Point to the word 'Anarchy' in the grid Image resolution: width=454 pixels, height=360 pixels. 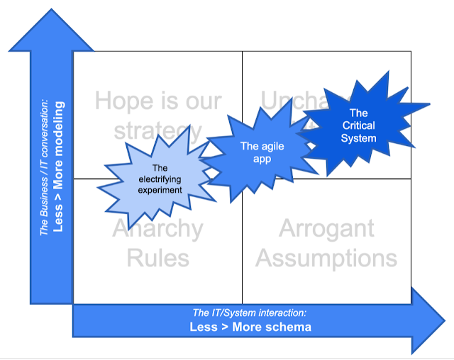pyautogui.click(x=157, y=230)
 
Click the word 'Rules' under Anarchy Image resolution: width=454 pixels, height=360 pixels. pyautogui.click(x=157, y=257)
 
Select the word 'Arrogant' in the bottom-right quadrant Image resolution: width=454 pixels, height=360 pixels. pyautogui.click(x=327, y=229)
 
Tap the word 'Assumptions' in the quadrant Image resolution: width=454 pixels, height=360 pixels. pyautogui.click(x=326, y=257)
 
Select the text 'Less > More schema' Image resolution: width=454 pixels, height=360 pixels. pyautogui.click(x=250, y=327)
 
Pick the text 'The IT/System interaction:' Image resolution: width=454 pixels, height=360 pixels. pyautogui.click(x=250, y=313)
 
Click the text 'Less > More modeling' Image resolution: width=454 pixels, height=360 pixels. pyautogui.click(x=59, y=167)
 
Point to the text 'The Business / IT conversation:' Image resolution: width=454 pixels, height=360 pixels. pyautogui.click(x=45, y=167)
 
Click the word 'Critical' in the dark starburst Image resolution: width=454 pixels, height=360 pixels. pyautogui.click(x=359, y=125)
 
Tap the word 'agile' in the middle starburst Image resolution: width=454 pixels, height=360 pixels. pyautogui.click(x=257, y=146)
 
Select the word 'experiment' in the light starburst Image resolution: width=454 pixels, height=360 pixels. pyautogui.click(x=160, y=190)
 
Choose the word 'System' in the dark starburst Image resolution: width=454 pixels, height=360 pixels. pyautogui.click(x=359, y=137)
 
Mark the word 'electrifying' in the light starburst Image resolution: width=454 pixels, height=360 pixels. pyautogui.click(x=160, y=179)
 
